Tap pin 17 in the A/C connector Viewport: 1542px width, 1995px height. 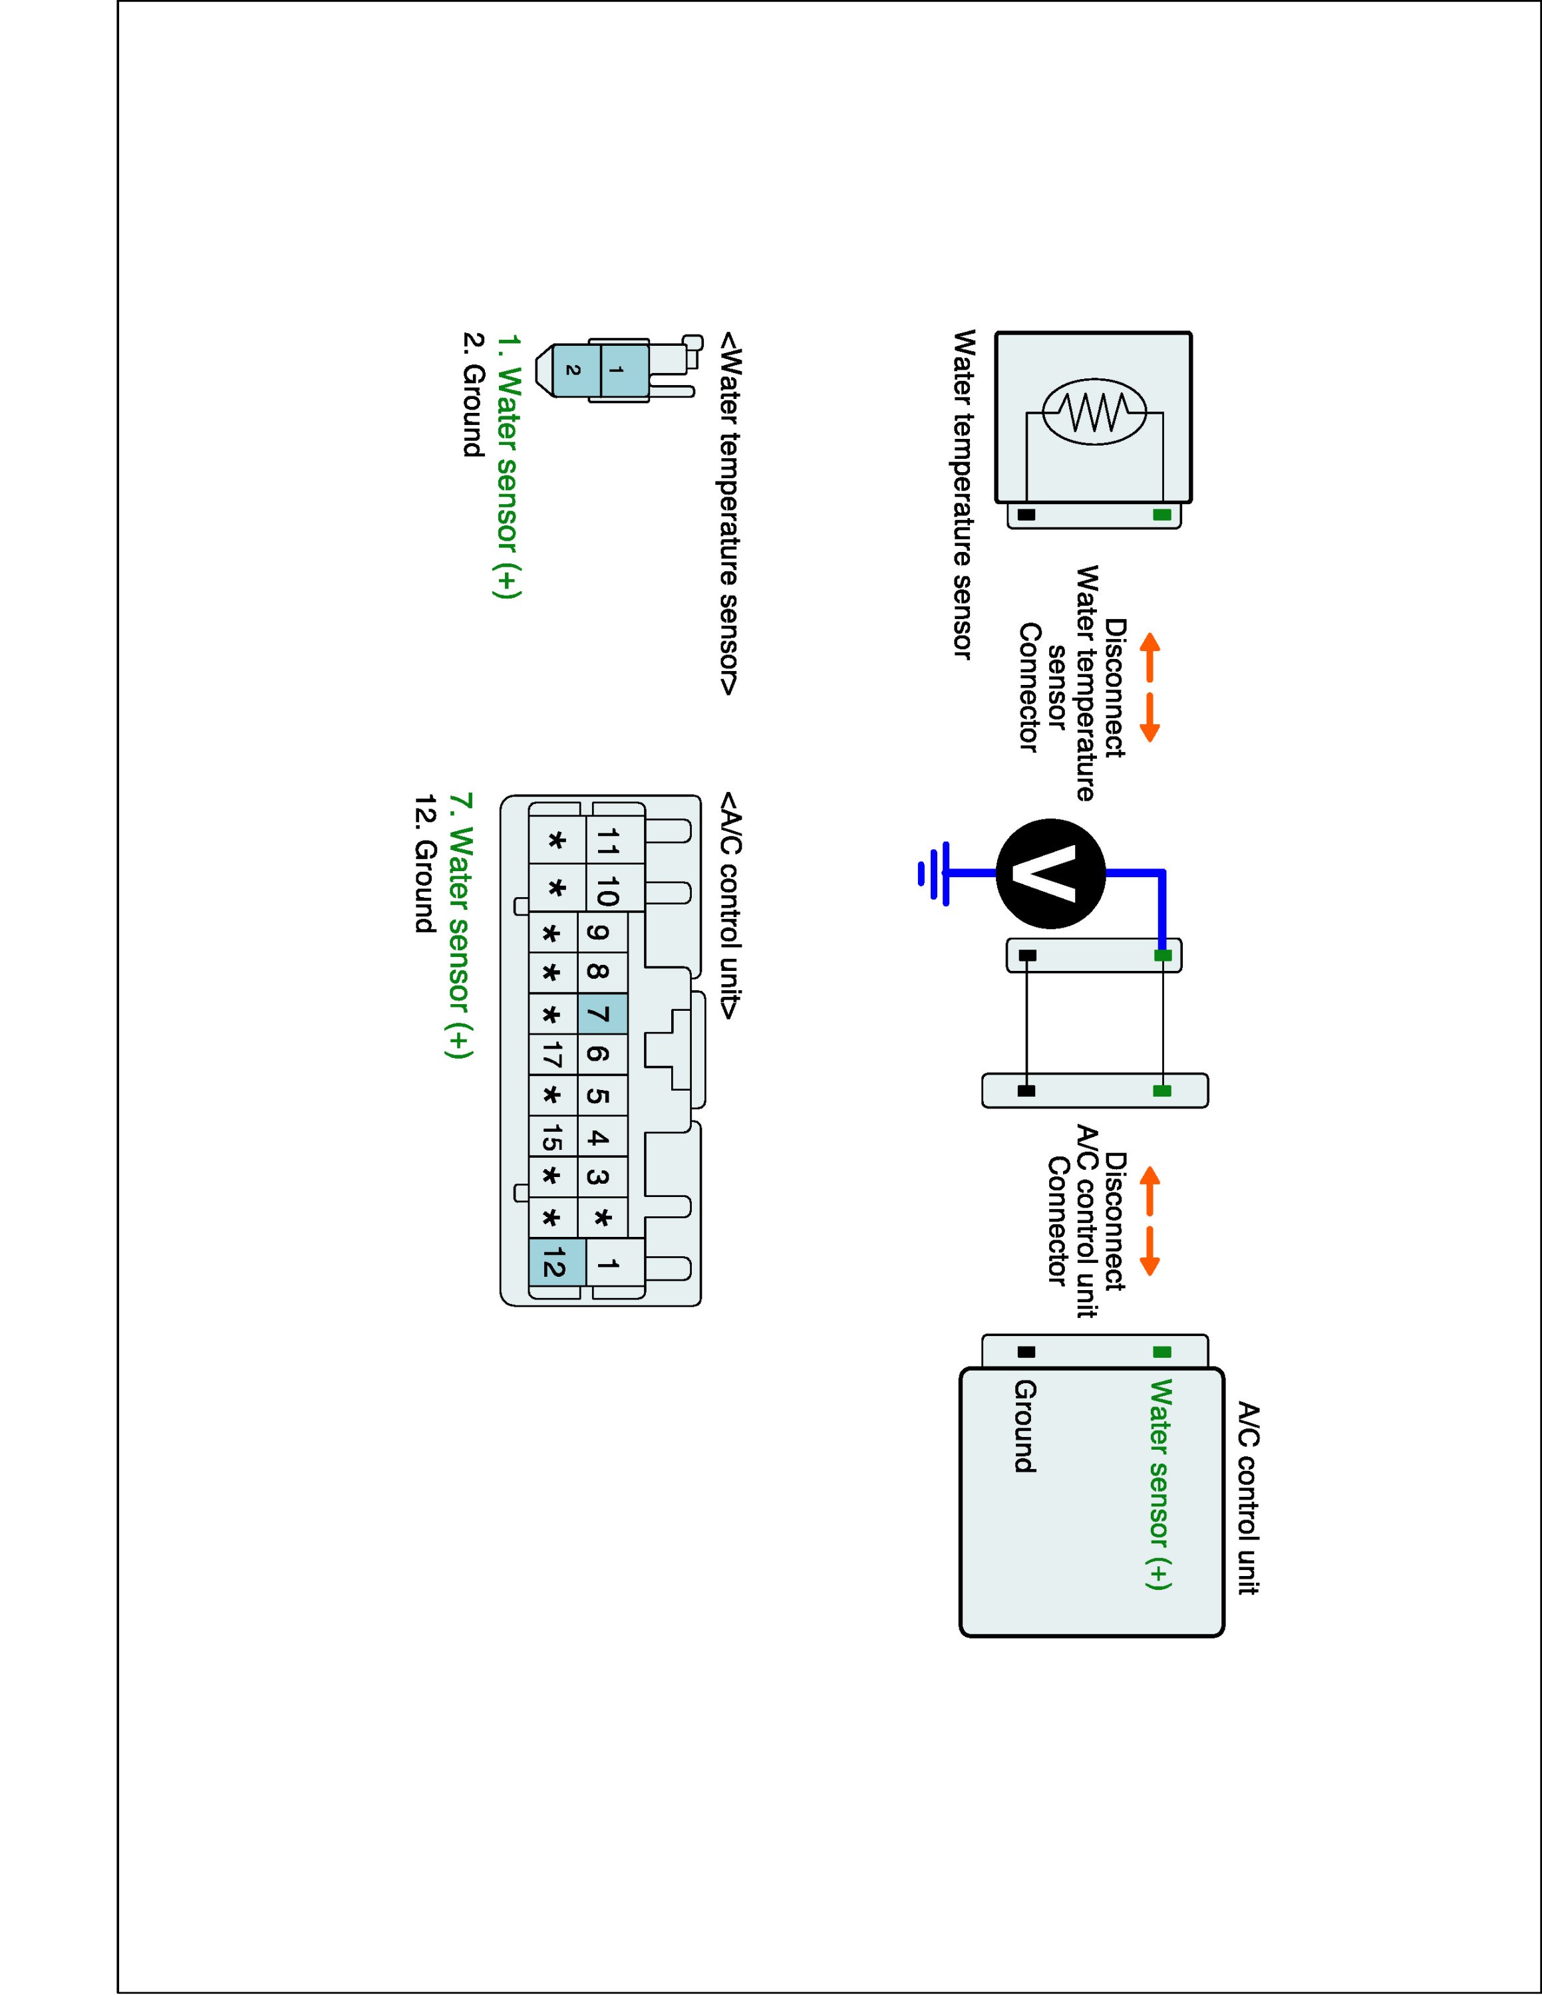(553, 1055)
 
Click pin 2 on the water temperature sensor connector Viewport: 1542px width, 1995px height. (573, 370)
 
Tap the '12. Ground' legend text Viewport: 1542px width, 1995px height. (424, 864)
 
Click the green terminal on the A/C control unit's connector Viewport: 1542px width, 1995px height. (1162, 1352)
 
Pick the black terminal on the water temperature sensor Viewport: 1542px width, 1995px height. (1027, 515)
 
